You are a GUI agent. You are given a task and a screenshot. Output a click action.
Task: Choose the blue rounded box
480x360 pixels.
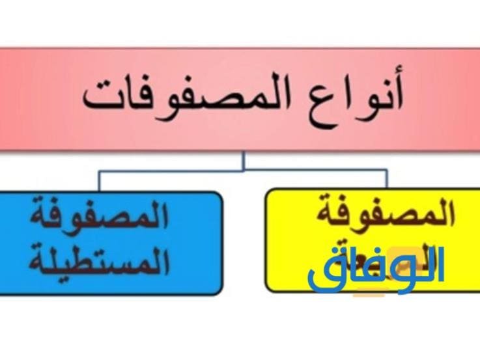click(111, 240)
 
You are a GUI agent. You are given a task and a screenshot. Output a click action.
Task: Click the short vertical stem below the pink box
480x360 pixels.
click(244, 161)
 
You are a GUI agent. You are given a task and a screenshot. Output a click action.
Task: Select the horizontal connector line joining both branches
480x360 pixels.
click(243, 171)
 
